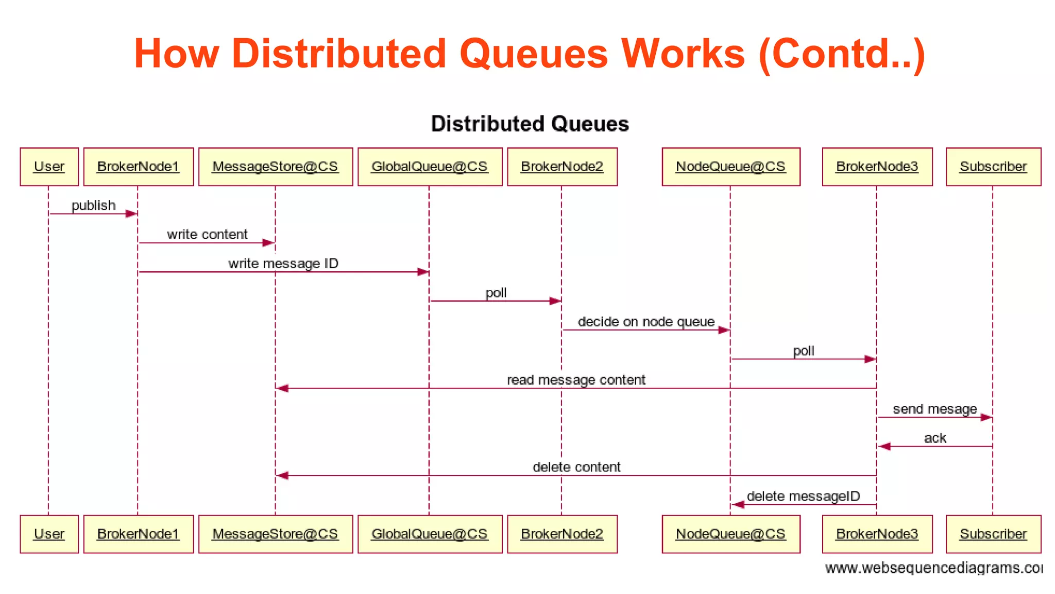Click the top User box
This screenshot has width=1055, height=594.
pyautogui.click(x=49, y=167)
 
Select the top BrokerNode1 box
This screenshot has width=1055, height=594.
pyautogui.click(x=138, y=167)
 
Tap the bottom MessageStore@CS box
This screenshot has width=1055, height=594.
pyautogui.click(x=275, y=534)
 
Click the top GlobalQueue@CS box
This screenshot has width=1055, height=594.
pyautogui.click(x=430, y=167)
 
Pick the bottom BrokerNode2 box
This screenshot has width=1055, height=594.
pyautogui.click(x=562, y=534)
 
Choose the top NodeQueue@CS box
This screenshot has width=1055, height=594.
pyautogui.click(x=730, y=167)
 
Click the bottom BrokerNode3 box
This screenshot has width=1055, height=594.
pyautogui.click(x=877, y=534)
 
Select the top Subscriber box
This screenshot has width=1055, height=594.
pyautogui.click(x=993, y=167)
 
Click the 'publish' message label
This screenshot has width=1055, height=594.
pyautogui.click(x=93, y=205)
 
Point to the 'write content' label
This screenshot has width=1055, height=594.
pyautogui.click(x=207, y=235)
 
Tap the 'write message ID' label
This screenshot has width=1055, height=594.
pyautogui.click(x=283, y=263)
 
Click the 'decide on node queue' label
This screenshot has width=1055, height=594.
pyautogui.click(x=646, y=322)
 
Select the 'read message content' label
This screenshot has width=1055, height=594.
pyautogui.click(x=576, y=380)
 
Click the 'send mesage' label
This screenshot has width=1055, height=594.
pyautogui.click(x=934, y=409)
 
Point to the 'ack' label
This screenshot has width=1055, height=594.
pyautogui.click(x=934, y=438)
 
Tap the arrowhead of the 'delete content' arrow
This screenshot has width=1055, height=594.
pyautogui.click(x=282, y=475)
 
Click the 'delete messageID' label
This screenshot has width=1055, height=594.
pyautogui.click(x=803, y=496)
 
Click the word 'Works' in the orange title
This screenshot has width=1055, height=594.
pyautogui.click(x=683, y=54)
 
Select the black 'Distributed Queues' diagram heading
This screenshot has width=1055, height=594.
pyautogui.click(x=530, y=124)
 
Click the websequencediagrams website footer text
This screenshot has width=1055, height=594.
pyautogui.click(x=933, y=568)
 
